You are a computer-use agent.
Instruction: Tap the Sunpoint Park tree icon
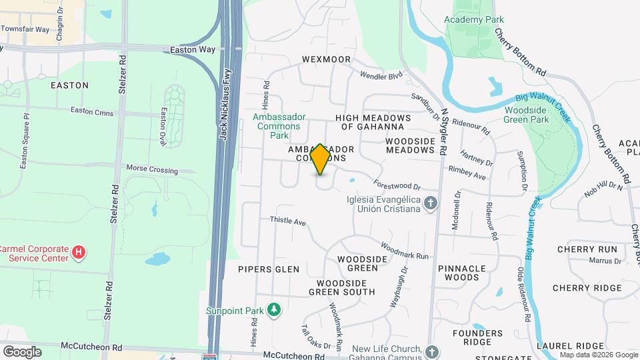click(273, 309)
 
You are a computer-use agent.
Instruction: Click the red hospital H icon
click(79, 252)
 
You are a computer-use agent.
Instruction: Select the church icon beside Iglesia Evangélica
click(431, 203)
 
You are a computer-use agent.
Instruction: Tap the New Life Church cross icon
click(433, 351)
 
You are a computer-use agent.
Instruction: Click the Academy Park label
click(474, 19)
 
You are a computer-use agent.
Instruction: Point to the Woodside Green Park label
click(527, 115)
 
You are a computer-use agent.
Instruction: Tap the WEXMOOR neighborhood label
click(326, 59)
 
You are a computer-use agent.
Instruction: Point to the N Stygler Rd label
click(442, 133)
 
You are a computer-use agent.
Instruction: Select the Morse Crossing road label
click(153, 170)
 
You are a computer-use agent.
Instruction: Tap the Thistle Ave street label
click(287, 220)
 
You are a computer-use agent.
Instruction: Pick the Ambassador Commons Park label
click(279, 126)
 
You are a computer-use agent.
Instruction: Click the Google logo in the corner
click(22, 351)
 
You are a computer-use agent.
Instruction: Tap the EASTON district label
click(69, 85)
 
